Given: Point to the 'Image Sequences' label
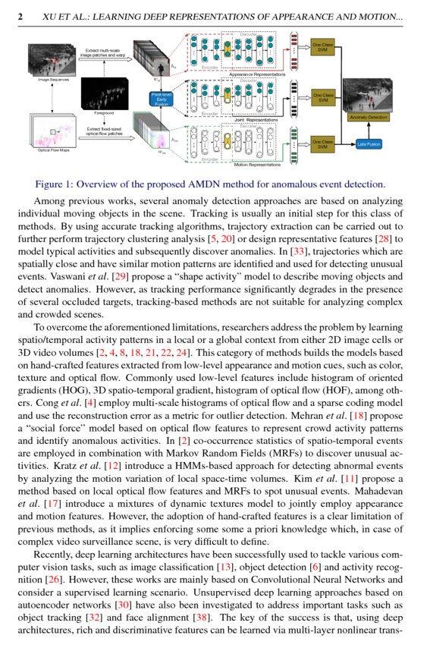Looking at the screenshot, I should (x=49, y=79).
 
